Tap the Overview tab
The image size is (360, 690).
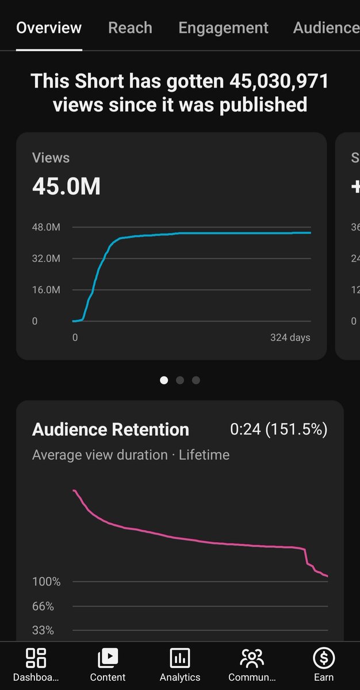49,28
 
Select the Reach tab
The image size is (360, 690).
130,28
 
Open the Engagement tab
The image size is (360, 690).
223,28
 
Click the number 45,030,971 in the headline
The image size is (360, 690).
279,81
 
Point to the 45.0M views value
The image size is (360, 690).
66,186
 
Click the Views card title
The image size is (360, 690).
51,158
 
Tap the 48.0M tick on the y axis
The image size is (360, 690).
46,227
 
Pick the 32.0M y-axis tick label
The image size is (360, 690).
46,259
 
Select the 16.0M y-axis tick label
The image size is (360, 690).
46,290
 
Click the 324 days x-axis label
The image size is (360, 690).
290,338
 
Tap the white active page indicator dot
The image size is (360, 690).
164,380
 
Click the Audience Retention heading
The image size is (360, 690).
110,430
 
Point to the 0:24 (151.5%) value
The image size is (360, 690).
278,430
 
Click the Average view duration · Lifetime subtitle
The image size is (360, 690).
131,455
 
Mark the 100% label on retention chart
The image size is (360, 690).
46,582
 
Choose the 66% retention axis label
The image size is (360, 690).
43,606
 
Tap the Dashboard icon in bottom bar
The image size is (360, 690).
36,658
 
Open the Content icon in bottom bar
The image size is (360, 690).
108,658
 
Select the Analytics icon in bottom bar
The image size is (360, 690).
180,658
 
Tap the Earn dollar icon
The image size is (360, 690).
324,658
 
